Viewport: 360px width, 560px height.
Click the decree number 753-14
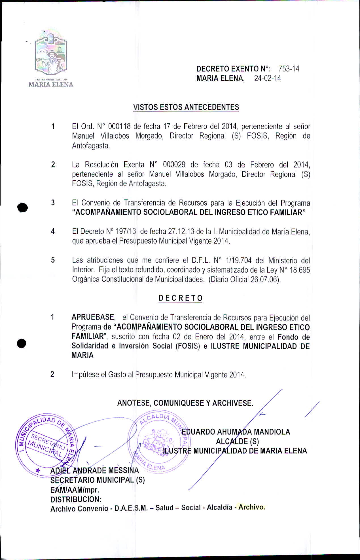coord(289,69)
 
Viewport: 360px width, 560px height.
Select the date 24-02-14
coord(267,78)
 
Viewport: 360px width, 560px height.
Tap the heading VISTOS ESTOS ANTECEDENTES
coord(186,107)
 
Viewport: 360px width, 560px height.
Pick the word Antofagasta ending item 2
coord(147,184)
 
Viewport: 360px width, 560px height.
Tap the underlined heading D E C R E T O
coord(180,298)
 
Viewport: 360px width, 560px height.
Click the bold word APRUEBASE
coord(93,317)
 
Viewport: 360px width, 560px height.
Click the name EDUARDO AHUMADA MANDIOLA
coord(236,432)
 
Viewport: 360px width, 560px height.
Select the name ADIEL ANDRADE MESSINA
coord(95,471)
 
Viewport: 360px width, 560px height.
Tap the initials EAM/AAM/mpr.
coord(75,490)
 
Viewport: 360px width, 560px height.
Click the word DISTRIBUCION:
coord(76,499)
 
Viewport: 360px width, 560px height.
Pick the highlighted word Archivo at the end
coord(251,507)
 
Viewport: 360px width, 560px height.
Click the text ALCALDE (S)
coord(237,441)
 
